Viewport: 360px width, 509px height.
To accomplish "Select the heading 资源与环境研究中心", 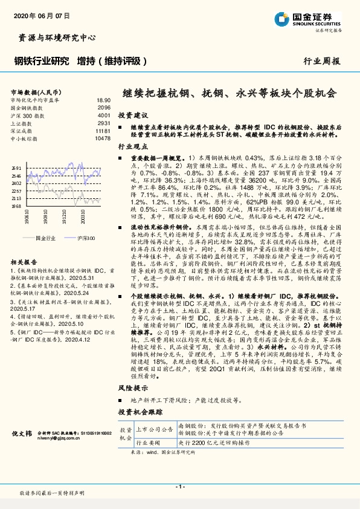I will [x=54, y=37].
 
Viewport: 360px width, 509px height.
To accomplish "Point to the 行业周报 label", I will [x=321, y=61].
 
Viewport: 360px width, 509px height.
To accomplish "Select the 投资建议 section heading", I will [x=133, y=114].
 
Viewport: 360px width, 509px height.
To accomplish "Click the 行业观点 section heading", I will [x=133, y=147].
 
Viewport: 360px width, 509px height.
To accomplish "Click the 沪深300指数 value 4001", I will [x=104, y=115].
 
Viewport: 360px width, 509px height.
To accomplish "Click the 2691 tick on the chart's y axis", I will [x=16, y=168].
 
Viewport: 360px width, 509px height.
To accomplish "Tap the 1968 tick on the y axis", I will [x=16, y=206].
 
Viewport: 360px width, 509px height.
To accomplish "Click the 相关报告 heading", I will [x=25, y=262].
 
